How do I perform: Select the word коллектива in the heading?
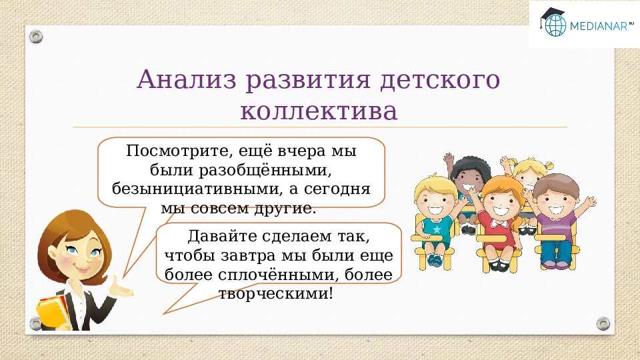coord(319,111)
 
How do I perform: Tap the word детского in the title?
coord(440,80)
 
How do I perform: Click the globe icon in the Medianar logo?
coord(554,25)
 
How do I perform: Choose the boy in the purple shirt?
coord(555,213)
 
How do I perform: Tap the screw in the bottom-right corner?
coord(603,323)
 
